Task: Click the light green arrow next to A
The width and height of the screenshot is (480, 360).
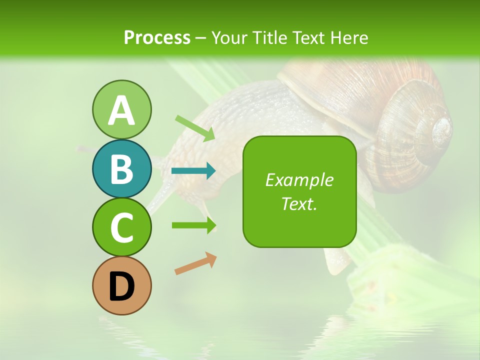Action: [x=195, y=128]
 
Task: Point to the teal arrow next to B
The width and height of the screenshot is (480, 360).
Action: [x=193, y=171]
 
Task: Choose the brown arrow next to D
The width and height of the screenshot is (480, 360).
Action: [x=195, y=264]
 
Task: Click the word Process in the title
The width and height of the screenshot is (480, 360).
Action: [x=157, y=37]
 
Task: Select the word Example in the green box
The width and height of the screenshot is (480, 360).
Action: [x=299, y=180]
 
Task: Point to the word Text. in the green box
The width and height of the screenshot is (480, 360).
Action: [x=299, y=204]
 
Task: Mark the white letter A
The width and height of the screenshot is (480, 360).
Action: [x=121, y=111]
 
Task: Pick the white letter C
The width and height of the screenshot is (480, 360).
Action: [x=121, y=228]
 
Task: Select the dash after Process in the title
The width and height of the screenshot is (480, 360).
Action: [x=200, y=38]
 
